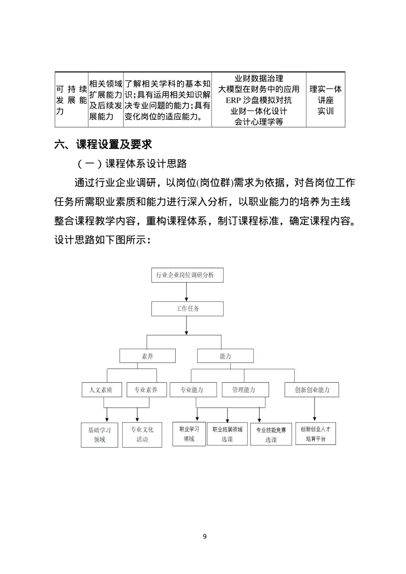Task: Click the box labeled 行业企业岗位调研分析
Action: [187, 275]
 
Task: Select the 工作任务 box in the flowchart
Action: [187, 309]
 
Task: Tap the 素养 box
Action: [147, 356]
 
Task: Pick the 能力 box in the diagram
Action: [225, 356]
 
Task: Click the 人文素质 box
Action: [102, 390]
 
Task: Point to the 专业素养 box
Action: [146, 390]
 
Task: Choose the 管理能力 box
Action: [245, 390]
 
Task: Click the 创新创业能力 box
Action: [312, 390]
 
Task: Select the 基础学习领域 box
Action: [99, 435]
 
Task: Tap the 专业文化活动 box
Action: [142, 435]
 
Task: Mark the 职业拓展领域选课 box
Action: [227, 434]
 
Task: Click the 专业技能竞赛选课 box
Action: [271, 434]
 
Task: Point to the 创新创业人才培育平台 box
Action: [316, 433]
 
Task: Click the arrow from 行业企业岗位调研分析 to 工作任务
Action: [186, 292]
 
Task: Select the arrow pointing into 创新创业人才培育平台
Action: [315, 409]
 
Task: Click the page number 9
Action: [204, 537]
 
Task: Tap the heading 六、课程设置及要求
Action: [103, 145]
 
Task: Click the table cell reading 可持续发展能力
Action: [71, 100]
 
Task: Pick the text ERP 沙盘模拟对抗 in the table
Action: [259, 100]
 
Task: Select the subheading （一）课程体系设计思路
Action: [132, 164]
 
